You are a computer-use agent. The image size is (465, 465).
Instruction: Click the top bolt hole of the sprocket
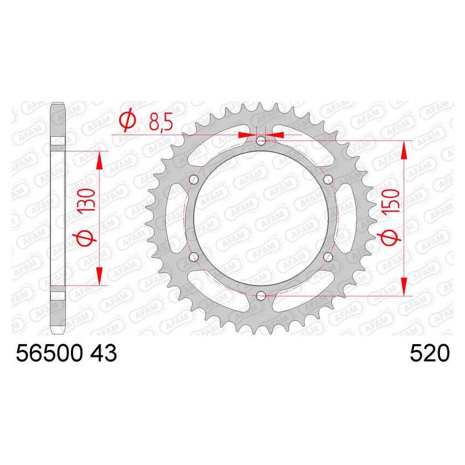[x=261, y=141]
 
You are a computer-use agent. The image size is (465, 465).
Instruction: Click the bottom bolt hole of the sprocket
[x=261, y=295]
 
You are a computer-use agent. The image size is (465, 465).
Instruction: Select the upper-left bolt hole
[x=194, y=179]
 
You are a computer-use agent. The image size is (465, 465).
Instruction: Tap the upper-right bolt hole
[x=328, y=179]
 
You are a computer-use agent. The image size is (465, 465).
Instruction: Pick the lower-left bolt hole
[x=194, y=257]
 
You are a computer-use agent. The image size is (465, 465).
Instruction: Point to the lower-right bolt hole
[x=328, y=257]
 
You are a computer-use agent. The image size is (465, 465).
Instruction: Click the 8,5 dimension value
[x=161, y=121]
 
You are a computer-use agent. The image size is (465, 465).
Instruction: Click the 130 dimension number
[x=87, y=199]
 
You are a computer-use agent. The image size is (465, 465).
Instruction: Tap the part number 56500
[x=49, y=353]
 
